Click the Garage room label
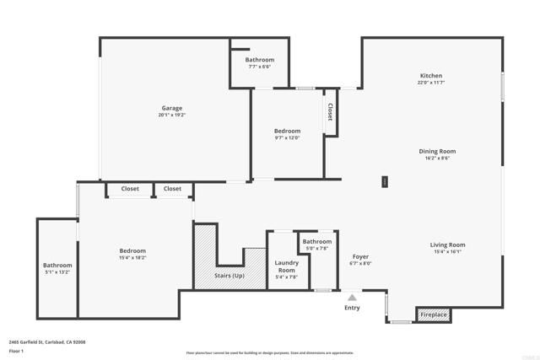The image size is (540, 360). pyautogui.click(x=172, y=108)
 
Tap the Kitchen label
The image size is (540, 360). pyautogui.click(x=431, y=76)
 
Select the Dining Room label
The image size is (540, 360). pyautogui.click(x=435, y=151)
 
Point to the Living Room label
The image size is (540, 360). pyautogui.click(x=450, y=245)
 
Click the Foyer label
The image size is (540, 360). pyautogui.click(x=360, y=256)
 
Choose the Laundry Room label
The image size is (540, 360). pyautogui.click(x=286, y=266)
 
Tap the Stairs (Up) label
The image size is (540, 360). pyautogui.click(x=229, y=276)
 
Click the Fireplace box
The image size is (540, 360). pyautogui.click(x=434, y=314)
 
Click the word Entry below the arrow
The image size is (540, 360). pyautogui.click(x=353, y=308)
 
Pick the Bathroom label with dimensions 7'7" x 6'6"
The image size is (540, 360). pyautogui.click(x=260, y=60)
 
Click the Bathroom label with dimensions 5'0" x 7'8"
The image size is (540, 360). pyautogui.click(x=317, y=242)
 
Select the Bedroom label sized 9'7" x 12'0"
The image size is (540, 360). pyautogui.click(x=287, y=131)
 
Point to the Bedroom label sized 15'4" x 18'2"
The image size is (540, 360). pyautogui.click(x=132, y=250)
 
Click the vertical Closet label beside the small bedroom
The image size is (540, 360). pyautogui.click(x=330, y=112)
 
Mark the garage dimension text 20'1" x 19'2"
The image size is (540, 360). pyautogui.click(x=172, y=116)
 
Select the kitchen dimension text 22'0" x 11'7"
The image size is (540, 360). pyautogui.click(x=431, y=83)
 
